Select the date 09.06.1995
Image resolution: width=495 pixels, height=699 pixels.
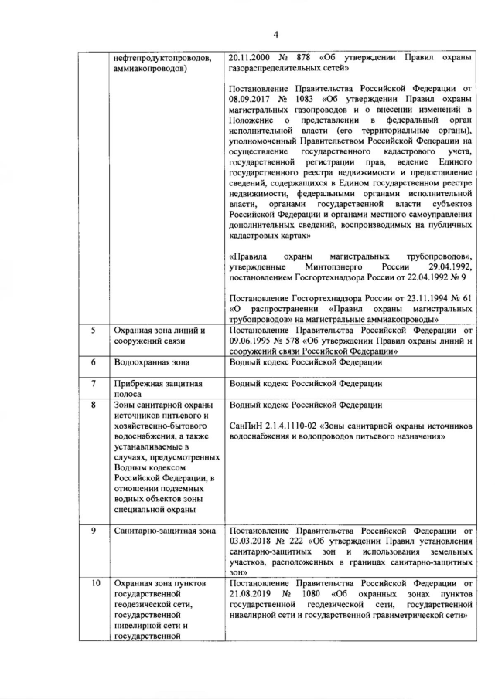pyautogui.click(x=252, y=341)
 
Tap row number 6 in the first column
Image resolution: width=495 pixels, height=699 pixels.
pyautogui.click(x=93, y=362)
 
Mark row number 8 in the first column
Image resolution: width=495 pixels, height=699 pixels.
pyautogui.click(x=93, y=405)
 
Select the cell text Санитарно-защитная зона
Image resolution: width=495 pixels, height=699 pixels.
pyautogui.click(x=164, y=531)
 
